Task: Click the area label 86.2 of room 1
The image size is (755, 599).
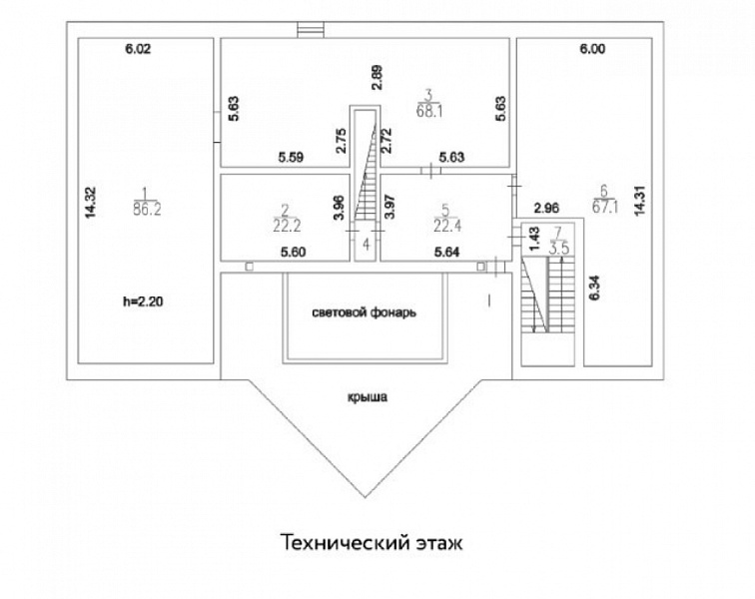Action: pyautogui.click(x=148, y=209)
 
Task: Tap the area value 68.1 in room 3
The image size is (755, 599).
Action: pyautogui.click(x=429, y=111)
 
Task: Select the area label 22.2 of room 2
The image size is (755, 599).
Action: pyautogui.click(x=287, y=225)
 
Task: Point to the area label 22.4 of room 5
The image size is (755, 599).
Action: pyautogui.click(x=447, y=225)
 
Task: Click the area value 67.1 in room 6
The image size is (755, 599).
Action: pyautogui.click(x=605, y=207)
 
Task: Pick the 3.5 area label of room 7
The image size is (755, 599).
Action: pyautogui.click(x=559, y=249)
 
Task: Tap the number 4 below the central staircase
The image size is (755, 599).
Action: pyautogui.click(x=366, y=245)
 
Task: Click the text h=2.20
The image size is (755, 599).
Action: pyautogui.click(x=143, y=301)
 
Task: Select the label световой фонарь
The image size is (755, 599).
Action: pyautogui.click(x=364, y=312)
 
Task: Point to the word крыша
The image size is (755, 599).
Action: pyautogui.click(x=368, y=397)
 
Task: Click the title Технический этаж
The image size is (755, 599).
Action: pyautogui.click(x=372, y=542)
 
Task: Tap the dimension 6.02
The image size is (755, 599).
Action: pyautogui.click(x=138, y=49)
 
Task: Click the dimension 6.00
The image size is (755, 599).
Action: pyautogui.click(x=592, y=49)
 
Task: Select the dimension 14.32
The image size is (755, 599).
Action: pyautogui.click(x=91, y=203)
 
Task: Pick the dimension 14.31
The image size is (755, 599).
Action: pyautogui.click(x=639, y=201)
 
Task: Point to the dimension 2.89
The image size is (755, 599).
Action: pyautogui.click(x=377, y=78)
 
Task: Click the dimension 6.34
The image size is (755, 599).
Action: pyautogui.click(x=594, y=288)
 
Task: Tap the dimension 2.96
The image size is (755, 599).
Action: pyautogui.click(x=547, y=209)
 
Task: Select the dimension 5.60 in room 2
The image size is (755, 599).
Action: pyautogui.click(x=293, y=252)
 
